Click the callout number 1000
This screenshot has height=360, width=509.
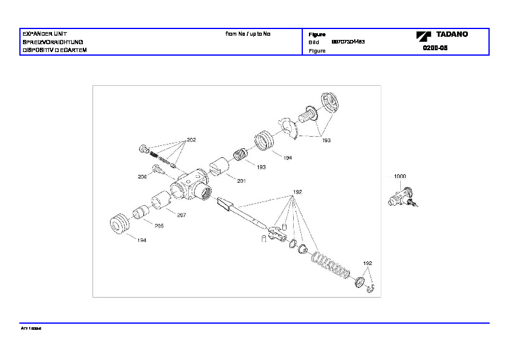(x=400, y=176)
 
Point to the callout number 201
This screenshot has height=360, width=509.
(x=241, y=181)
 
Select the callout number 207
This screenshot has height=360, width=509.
(x=181, y=215)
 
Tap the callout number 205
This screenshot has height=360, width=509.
(x=158, y=226)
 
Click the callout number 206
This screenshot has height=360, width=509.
(x=142, y=177)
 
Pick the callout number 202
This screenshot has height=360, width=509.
(x=191, y=140)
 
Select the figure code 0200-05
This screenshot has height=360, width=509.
(x=435, y=47)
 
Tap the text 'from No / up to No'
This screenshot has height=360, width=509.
(x=248, y=34)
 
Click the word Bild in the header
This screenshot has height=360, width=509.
(x=314, y=43)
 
